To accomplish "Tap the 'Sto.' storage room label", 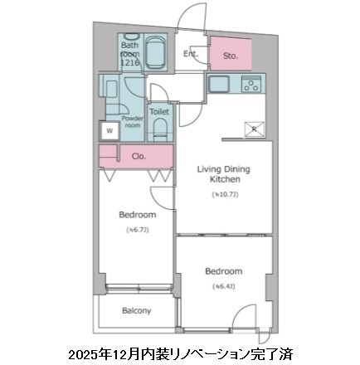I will (x=231, y=56).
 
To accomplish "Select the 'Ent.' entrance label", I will (x=191, y=56).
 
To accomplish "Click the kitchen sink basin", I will (x=221, y=84).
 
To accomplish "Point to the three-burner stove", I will (x=251, y=84).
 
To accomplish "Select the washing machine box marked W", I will (x=108, y=129).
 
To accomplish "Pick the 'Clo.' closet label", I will (x=137, y=154).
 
